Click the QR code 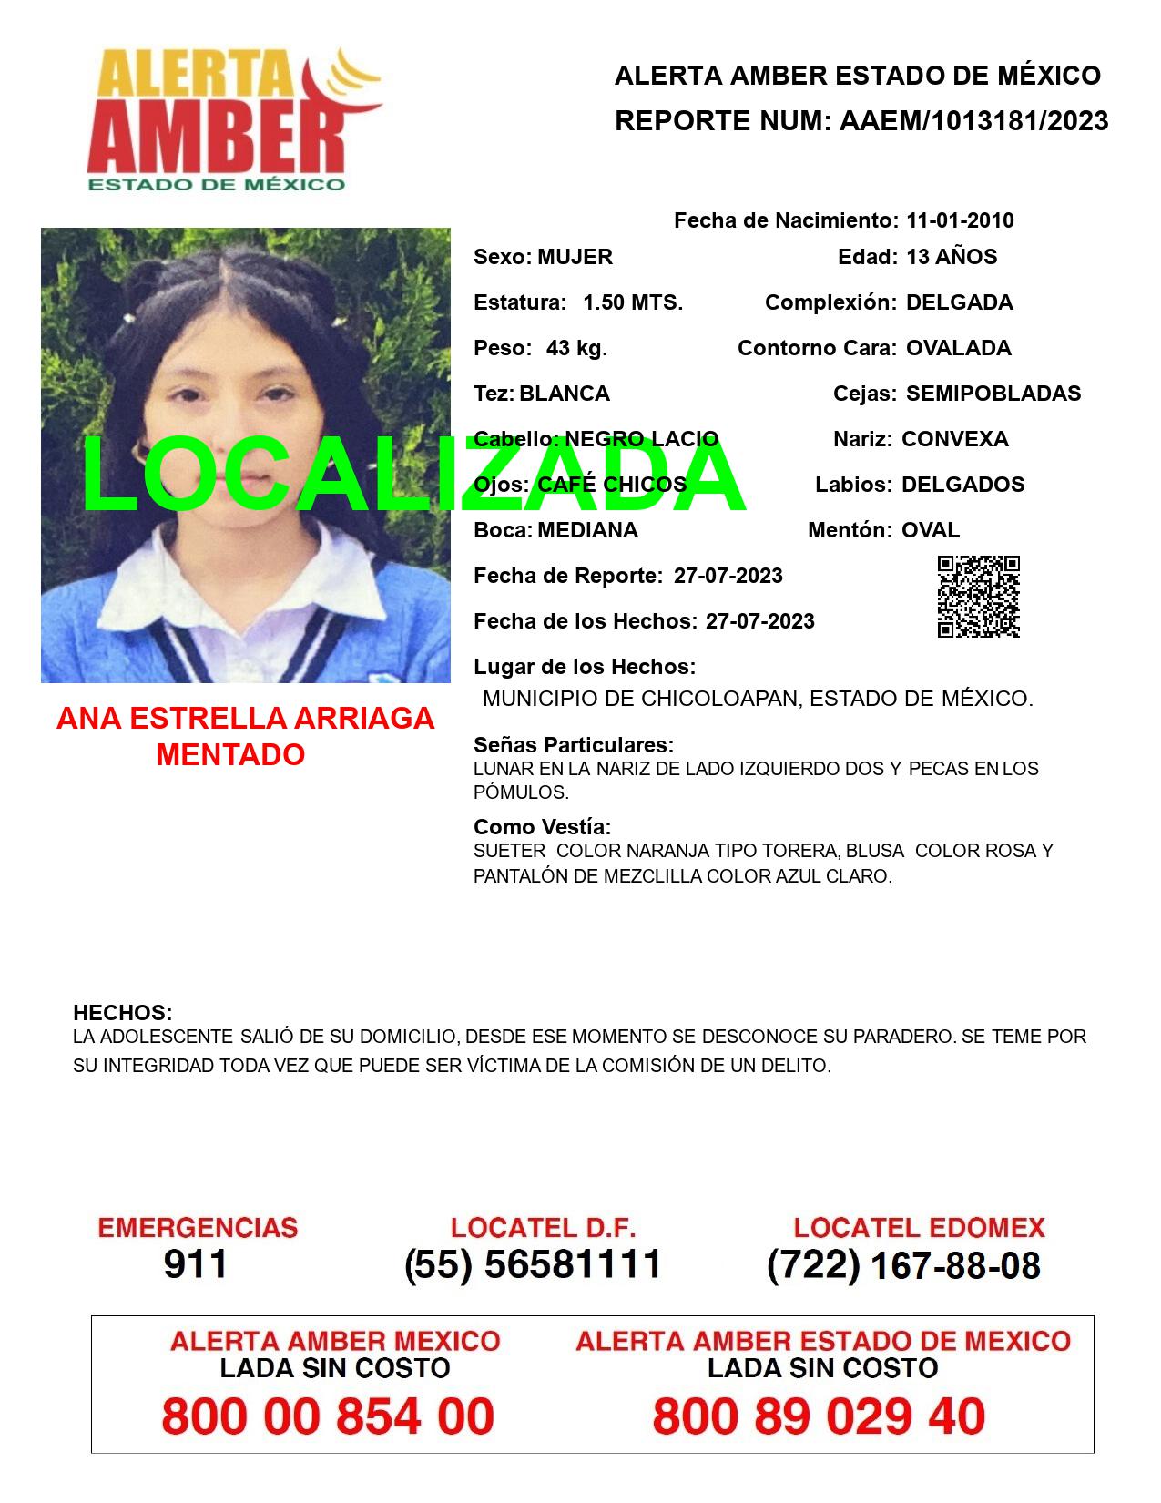coord(978,597)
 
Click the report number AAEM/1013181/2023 coord(973,121)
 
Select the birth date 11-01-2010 coord(960,220)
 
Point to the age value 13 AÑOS coord(952,257)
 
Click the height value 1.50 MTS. coord(633,302)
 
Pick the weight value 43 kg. coord(576,348)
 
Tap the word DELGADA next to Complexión coord(959,302)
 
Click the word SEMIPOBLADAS coord(993,394)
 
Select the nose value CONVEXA coord(954,439)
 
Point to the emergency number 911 coord(196,1264)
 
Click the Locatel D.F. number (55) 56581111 coord(533,1264)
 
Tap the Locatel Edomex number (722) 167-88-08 coord(903,1264)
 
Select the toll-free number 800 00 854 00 coord(328,1416)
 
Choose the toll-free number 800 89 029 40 coord(819,1416)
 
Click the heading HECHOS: coord(122,1013)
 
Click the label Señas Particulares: coord(574,745)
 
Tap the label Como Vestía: coord(542,827)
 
